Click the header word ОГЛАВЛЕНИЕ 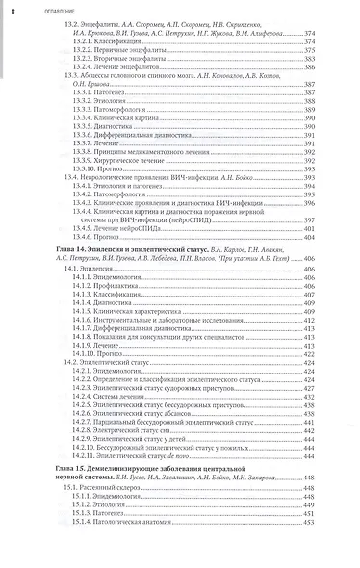(x=44, y=10)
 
